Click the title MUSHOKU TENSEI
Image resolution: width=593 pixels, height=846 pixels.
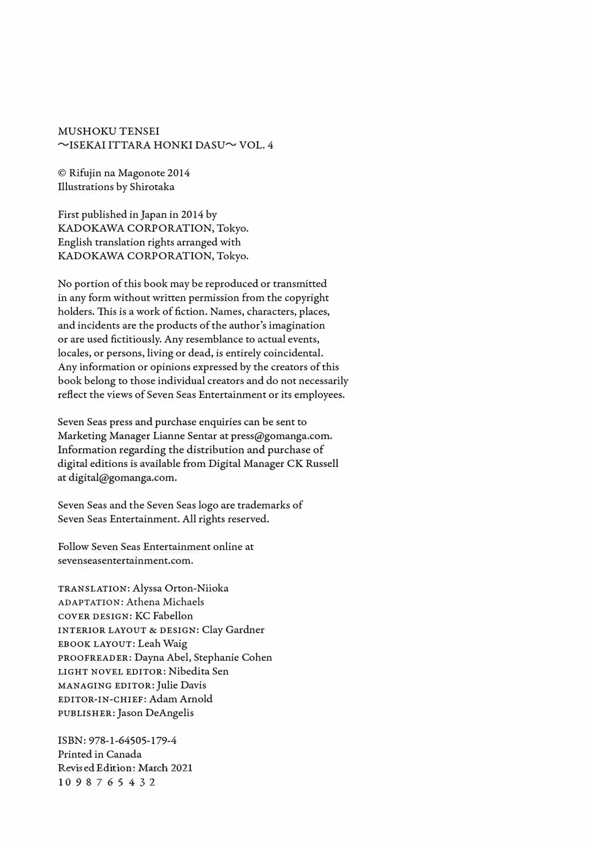pyautogui.click(x=109, y=131)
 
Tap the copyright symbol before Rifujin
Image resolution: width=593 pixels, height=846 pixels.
pyautogui.click(x=61, y=173)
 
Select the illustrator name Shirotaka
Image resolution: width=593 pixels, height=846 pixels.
pyautogui.click(x=152, y=187)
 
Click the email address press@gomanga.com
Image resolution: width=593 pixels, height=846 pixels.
pyautogui.click(x=281, y=436)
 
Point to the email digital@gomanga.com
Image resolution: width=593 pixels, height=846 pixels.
pyautogui.click(x=122, y=477)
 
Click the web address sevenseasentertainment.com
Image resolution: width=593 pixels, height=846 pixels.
pyautogui.click(x=125, y=561)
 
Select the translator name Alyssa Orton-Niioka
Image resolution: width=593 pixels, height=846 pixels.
pyautogui.click(x=181, y=588)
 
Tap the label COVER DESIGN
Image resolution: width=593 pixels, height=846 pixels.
pyautogui.click(x=94, y=616)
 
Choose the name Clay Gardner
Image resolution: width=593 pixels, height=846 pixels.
pyautogui.click(x=233, y=630)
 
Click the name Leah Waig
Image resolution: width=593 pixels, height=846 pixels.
pyautogui.click(x=163, y=644)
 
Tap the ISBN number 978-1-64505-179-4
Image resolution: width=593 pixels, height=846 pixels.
pyautogui.click(x=132, y=741)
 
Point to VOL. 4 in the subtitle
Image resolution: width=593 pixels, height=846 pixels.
pyautogui.click(x=256, y=146)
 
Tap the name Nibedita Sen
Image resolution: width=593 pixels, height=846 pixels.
pyautogui.click(x=198, y=671)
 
